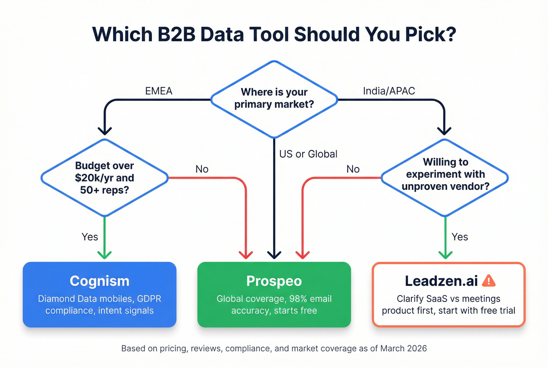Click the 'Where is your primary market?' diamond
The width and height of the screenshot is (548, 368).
[x=274, y=98]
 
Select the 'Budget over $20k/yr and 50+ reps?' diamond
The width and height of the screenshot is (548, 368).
[x=105, y=178]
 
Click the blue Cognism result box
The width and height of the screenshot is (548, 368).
[x=99, y=294]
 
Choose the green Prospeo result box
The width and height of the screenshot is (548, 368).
[x=274, y=294]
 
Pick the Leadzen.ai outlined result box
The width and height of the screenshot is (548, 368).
[x=448, y=294]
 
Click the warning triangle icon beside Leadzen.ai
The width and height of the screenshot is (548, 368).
[x=489, y=281]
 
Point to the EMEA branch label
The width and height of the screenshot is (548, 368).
[x=159, y=91]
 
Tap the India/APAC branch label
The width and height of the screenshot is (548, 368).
[x=389, y=91]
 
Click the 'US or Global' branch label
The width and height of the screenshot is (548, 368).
[x=308, y=154]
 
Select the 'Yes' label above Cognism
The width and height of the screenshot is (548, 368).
[x=90, y=237]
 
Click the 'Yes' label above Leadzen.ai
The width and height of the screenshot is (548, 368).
[x=460, y=237]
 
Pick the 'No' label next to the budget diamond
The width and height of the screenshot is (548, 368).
[x=202, y=169]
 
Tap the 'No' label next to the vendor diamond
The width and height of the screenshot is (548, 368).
[x=353, y=169]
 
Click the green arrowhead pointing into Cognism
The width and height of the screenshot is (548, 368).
[x=105, y=254]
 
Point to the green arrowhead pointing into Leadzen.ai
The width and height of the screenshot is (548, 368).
[x=445, y=254]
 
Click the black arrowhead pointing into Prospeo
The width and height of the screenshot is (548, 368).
[x=274, y=254]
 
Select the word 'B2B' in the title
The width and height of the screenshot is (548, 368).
[x=178, y=34]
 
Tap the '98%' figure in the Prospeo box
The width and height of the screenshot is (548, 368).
[x=298, y=299]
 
